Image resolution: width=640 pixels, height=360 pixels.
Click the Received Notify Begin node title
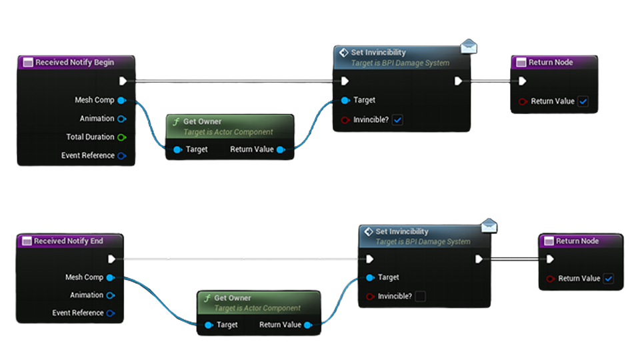[x=74, y=63]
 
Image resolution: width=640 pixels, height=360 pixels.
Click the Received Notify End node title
[x=69, y=241]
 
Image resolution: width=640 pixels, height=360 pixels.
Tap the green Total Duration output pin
[x=121, y=137]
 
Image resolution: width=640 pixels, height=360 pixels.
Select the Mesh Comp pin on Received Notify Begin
[x=121, y=100]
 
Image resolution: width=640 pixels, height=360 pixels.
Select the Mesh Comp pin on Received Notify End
[x=110, y=277]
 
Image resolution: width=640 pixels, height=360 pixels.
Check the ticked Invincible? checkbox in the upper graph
[x=397, y=120]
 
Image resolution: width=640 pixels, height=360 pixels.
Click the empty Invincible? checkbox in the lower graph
[x=420, y=296]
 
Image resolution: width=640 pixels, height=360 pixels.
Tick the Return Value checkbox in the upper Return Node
[x=583, y=101]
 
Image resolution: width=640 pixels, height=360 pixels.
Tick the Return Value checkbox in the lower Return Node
[x=608, y=279]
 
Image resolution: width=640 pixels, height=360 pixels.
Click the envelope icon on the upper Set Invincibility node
[x=469, y=46]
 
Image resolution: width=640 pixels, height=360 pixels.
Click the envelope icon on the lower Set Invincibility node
[x=490, y=225]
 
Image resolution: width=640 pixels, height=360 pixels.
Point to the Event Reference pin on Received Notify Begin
[x=121, y=156]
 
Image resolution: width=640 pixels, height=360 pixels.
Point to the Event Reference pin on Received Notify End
[x=110, y=313]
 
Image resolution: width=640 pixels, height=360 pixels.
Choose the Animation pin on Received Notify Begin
[x=121, y=119]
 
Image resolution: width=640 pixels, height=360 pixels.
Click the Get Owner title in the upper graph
[x=202, y=121]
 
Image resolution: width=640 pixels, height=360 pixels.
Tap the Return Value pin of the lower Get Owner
[x=307, y=325]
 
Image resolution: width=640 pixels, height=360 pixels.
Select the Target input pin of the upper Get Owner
[x=177, y=149]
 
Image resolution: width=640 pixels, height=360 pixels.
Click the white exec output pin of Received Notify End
[x=111, y=259]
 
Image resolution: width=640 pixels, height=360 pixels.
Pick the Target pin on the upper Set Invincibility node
[x=345, y=100]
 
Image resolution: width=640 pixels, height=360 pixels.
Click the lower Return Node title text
[x=577, y=241]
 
